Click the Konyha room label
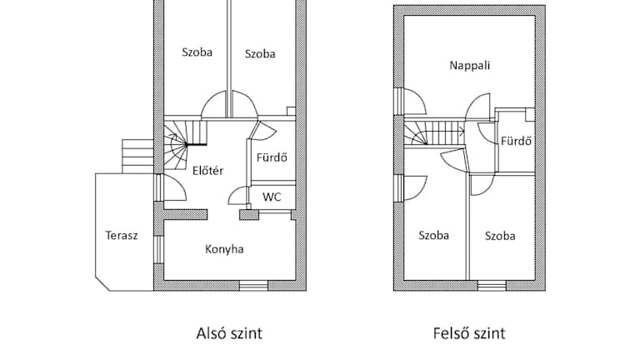(224, 248)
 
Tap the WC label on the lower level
(272, 197)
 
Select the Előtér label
(206, 172)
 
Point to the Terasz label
(122, 234)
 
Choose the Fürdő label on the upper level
(516, 141)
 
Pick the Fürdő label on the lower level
(272, 157)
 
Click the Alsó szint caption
(228, 333)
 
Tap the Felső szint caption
(469, 333)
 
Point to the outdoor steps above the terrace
(137, 155)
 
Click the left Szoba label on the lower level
(197, 52)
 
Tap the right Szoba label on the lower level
(260, 54)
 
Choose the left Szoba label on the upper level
(433, 235)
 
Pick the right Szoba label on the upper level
(500, 236)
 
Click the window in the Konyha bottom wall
(252, 286)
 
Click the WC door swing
(238, 197)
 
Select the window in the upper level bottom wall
(492, 286)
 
